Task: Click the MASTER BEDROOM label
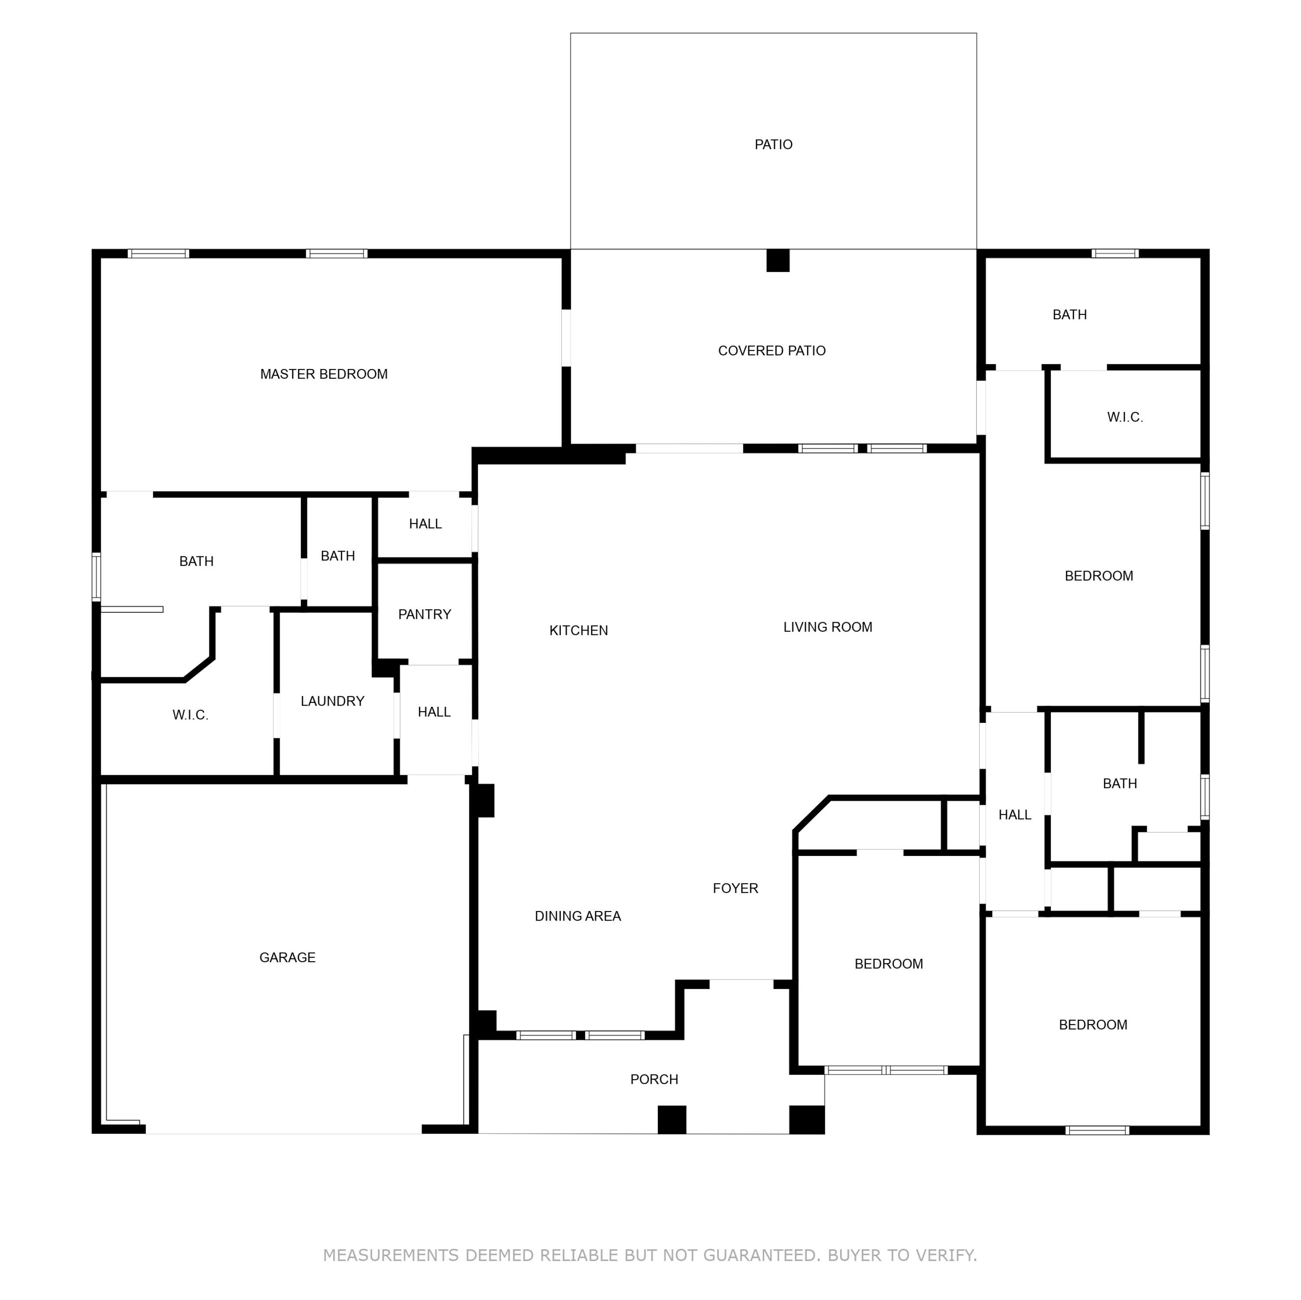324,374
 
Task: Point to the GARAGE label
288,957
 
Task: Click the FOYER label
735,888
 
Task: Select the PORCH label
654,1079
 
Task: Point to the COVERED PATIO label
772,351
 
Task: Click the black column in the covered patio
778,261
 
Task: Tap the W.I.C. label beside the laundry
190,715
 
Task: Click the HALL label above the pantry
425,524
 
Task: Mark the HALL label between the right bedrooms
1014,815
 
